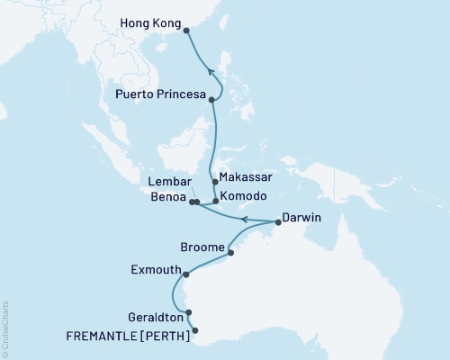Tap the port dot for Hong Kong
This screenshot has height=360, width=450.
point(186,31)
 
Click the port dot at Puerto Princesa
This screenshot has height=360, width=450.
point(211,100)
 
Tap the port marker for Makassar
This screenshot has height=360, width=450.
point(214,182)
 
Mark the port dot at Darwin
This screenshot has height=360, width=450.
point(278,221)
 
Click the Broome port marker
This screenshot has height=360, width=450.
point(231,253)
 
